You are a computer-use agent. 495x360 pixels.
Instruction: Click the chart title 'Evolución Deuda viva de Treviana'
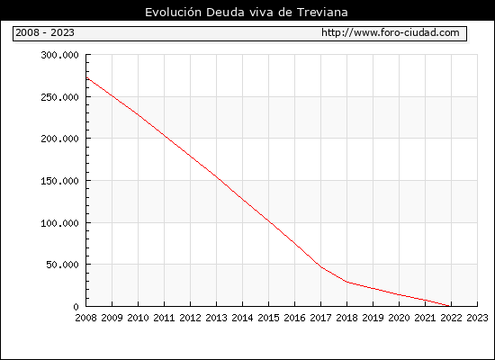coord(247,12)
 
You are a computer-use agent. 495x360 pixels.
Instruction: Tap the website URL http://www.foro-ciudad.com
coord(391,32)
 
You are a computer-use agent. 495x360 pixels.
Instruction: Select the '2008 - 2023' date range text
coord(45,32)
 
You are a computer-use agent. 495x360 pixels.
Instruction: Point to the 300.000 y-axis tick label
coord(59,55)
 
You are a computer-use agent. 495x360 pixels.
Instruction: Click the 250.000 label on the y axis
coord(59,97)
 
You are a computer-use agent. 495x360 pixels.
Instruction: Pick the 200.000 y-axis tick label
coord(59,139)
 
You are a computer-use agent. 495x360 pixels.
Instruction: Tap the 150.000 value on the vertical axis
coord(59,181)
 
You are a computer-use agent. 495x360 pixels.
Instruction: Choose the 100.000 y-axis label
coord(59,223)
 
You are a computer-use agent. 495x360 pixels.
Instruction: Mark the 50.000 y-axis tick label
coord(62,265)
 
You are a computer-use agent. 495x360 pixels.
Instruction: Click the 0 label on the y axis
coord(76,307)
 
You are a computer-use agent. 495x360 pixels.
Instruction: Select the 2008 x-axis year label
coord(85,318)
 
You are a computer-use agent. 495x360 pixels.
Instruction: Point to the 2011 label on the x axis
coord(164,318)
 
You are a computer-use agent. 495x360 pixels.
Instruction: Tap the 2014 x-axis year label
coord(242,318)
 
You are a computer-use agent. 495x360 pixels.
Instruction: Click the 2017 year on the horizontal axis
coord(320,318)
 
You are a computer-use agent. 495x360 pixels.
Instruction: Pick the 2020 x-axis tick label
coord(399,318)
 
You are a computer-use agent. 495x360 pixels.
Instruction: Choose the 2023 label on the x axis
coord(477,318)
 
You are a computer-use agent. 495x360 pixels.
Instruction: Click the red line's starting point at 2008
coord(86,77)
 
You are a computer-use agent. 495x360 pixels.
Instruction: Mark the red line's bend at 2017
coord(321,267)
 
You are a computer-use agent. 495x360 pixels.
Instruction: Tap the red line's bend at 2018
coord(347,282)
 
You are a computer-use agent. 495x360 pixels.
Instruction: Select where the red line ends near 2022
coord(449,306)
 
